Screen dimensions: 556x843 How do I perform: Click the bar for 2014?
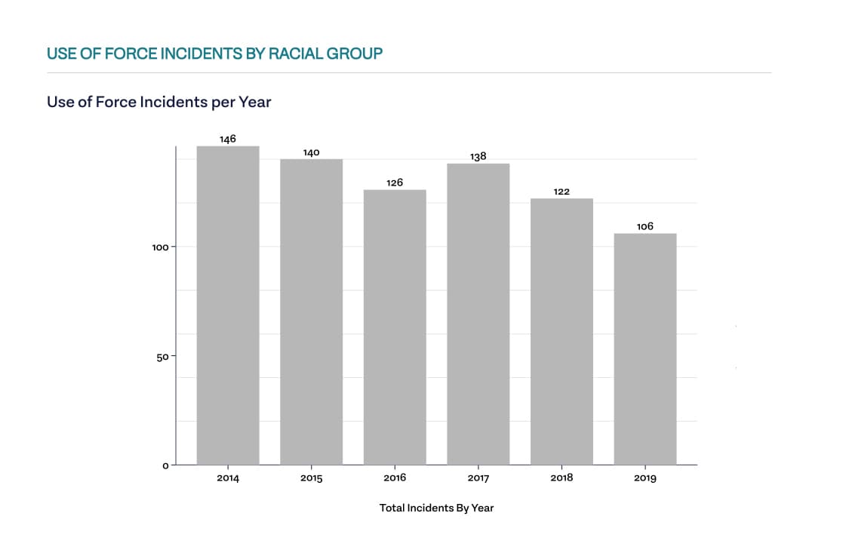click(228, 305)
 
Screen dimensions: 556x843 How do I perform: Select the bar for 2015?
click(311, 312)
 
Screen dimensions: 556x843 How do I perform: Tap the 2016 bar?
click(395, 327)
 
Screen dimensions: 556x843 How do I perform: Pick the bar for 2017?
click(478, 314)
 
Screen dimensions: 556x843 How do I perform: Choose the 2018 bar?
click(561, 331)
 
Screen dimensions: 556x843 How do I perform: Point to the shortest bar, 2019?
click(645, 349)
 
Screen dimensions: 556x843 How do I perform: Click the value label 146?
click(228, 139)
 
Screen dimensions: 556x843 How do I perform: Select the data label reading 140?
click(311, 152)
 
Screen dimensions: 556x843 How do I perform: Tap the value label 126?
click(395, 183)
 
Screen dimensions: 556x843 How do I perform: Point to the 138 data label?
click(478, 157)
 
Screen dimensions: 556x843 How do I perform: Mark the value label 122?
click(561, 192)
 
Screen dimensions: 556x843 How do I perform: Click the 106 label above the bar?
click(645, 226)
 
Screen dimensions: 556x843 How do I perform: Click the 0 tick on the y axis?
click(165, 465)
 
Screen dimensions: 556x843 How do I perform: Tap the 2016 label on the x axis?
click(395, 478)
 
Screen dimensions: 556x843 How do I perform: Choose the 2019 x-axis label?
click(645, 478)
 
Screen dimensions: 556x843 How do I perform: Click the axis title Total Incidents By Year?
click(436, 508)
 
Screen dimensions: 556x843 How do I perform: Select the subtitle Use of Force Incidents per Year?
click(158, 101)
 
